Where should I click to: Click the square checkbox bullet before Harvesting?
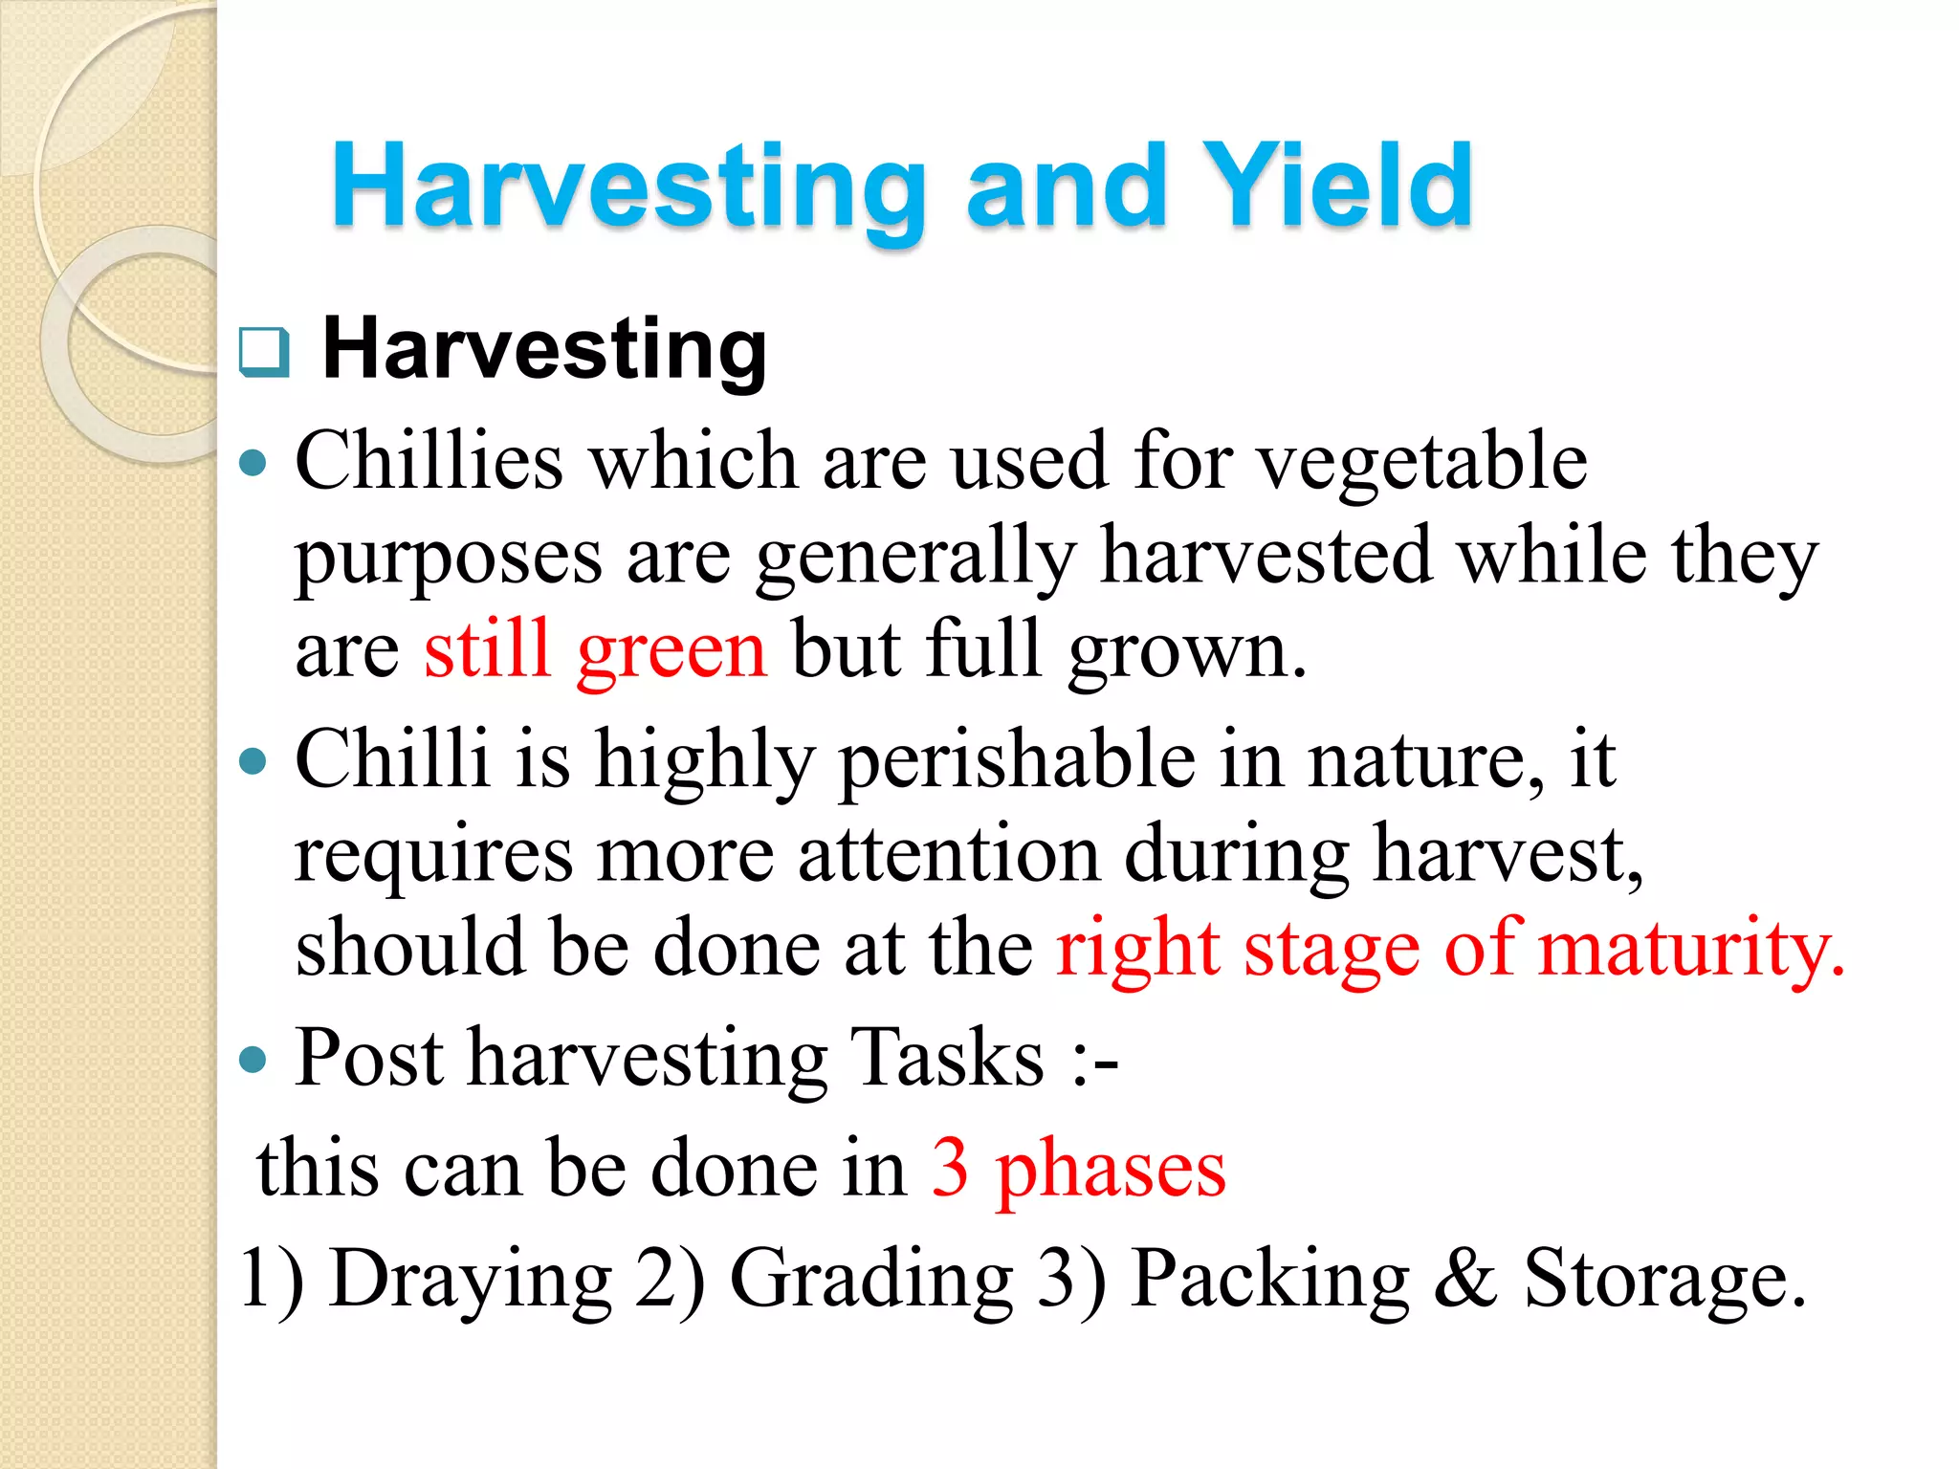tap(263, 351)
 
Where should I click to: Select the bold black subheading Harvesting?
tap(544, 349)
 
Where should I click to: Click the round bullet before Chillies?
tap(253, 465)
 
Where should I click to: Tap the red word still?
tap(488, 650)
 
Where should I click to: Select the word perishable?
tap(1018, 760)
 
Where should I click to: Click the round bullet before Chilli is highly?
tap(253, 762)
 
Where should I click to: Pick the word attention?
tap(949, 854)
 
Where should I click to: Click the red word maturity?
tap(1691, 949)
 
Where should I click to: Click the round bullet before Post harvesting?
tap(253, 1060)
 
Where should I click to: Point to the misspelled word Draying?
tap(471, 1280)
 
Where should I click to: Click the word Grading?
tap(871, 1280)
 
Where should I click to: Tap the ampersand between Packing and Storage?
tap(1464, 1279)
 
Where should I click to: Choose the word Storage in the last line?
tap(1664, 1280)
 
